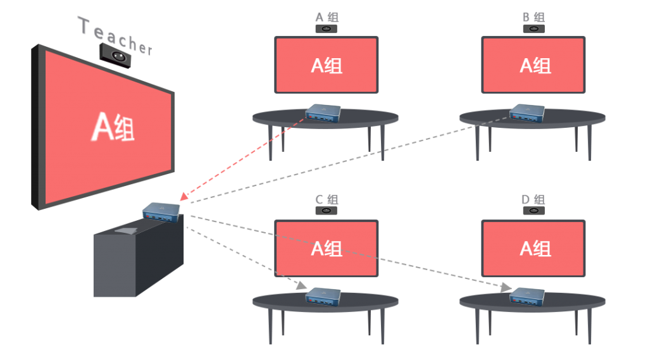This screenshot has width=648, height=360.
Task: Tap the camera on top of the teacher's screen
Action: click(x=116, y=56)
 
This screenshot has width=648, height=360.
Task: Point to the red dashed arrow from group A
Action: click(x=240, y=158)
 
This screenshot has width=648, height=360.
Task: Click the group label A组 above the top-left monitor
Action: click(x=327, y=17)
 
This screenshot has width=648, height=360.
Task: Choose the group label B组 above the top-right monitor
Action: click(x=533, y=17)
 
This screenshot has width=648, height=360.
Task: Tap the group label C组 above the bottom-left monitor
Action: click(x=327, y=199)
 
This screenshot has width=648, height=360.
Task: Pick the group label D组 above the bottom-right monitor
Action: click(x=533, y=199)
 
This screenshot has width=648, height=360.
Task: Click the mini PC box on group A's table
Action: click(x=323, y=113)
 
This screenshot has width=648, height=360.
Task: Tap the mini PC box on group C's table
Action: click(x=323, y=295)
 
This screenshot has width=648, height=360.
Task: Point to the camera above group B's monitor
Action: click(x=534, y=29)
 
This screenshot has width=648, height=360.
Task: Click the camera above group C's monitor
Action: click(x=327, y=211)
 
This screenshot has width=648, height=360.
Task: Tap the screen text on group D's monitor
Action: click(x=534, y=248)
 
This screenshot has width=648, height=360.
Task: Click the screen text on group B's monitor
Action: click(x=534, y=65)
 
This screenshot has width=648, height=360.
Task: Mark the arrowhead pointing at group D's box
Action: click(x=506, y=288)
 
